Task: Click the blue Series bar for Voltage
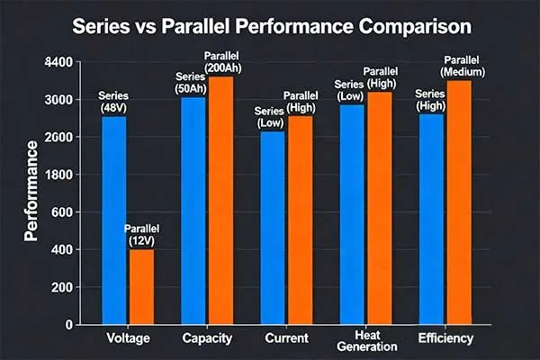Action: pos(113,220)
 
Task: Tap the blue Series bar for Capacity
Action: pos(193,211)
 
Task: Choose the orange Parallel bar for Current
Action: pos(300,220)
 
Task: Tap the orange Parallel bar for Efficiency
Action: pos(459,202)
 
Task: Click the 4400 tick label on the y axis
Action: pos(57,62)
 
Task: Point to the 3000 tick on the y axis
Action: pos(57,100)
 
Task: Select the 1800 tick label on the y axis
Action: pos(57,175)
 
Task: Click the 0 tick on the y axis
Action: pos(68,325)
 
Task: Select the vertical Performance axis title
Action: pos(31,190)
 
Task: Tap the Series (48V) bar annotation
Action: pos(113,100)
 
